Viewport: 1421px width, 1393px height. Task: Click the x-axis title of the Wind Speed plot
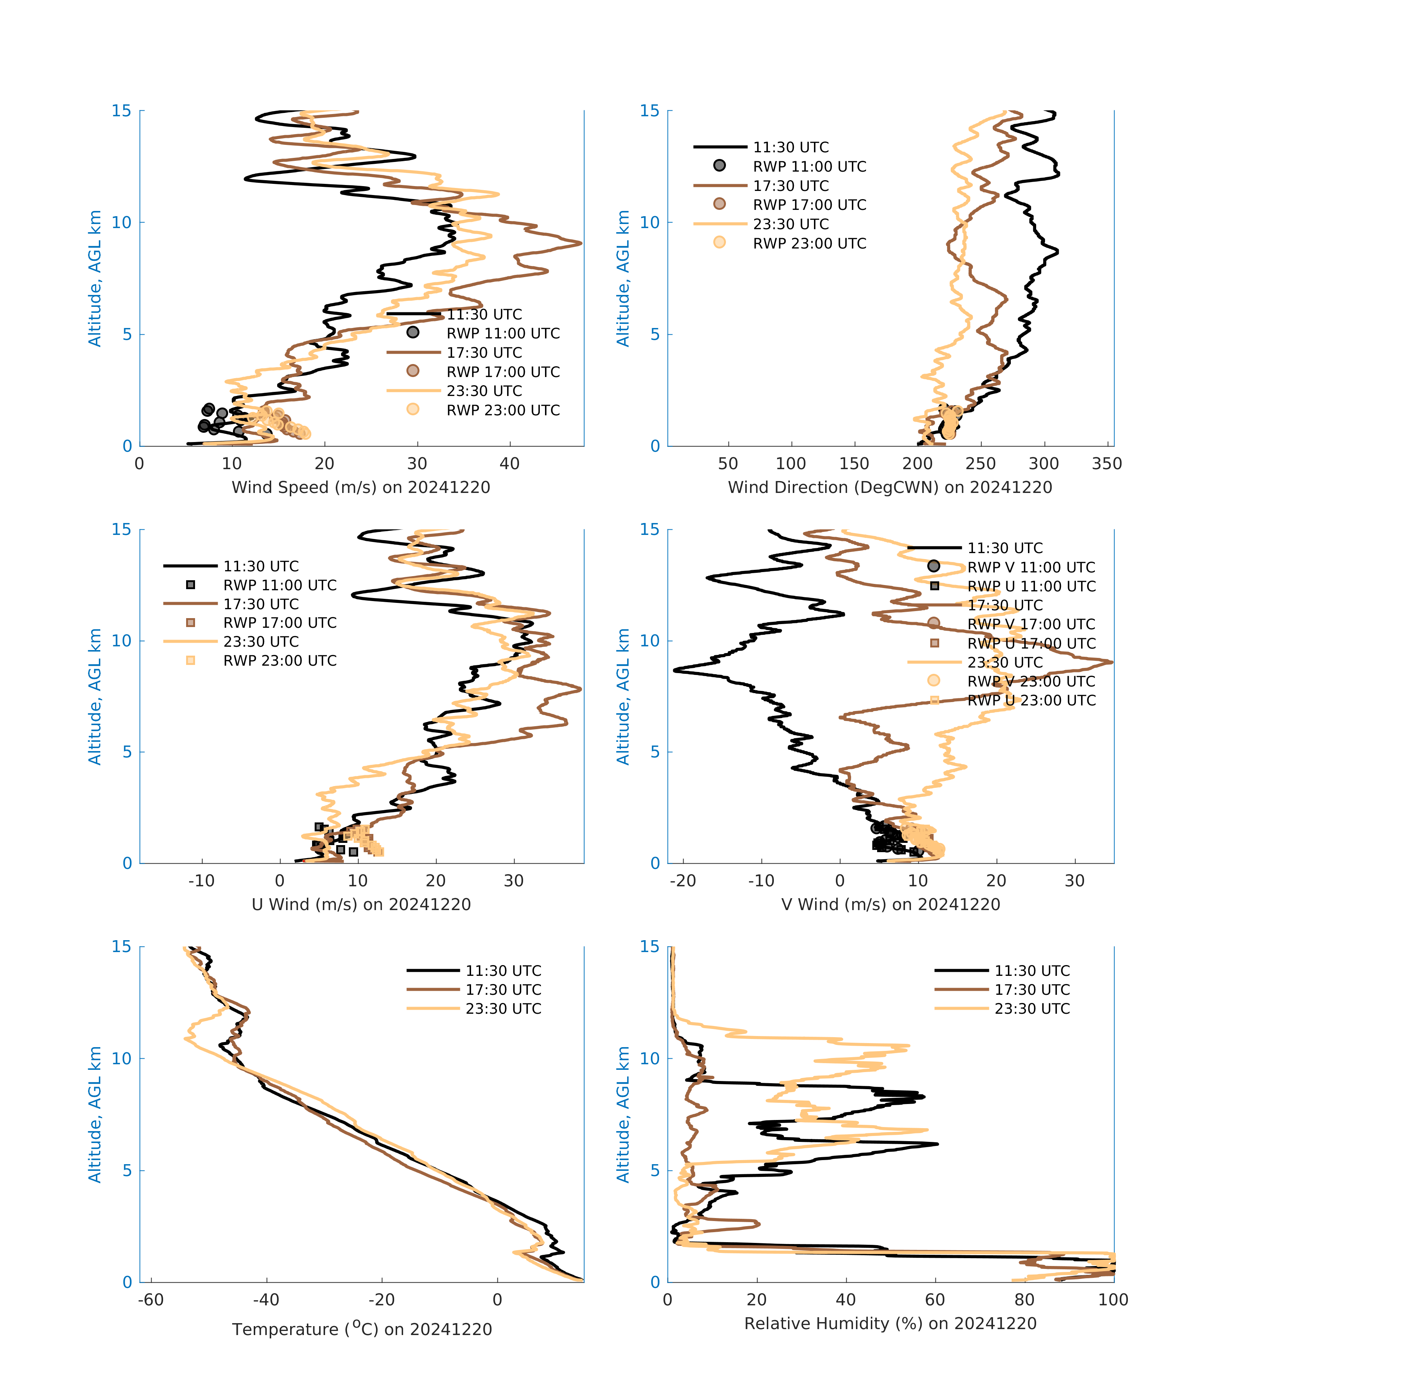click(361, 487)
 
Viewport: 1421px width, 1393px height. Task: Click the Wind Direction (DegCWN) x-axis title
click(890, 487)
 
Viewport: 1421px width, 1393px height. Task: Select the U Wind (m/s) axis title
click(361, 904)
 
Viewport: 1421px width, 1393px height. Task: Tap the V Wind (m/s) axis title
click(890, 904)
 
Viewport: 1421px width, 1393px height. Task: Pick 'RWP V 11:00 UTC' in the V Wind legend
click(1030, 567)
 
